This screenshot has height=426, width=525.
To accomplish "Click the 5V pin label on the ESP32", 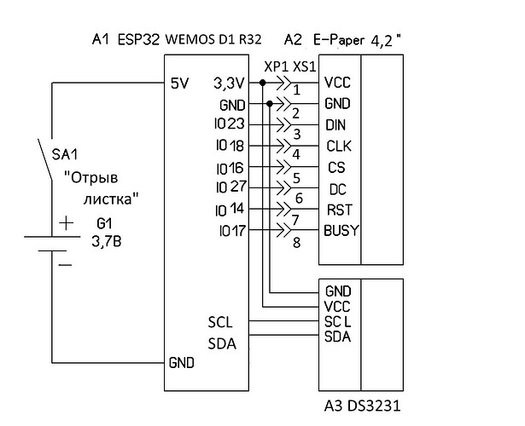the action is tap(180, 83).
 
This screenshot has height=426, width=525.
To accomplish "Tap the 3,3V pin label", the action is tap(230, 83).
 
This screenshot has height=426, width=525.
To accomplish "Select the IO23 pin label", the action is tap(230, 124).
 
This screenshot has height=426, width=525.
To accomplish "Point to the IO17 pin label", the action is tap(233, 231).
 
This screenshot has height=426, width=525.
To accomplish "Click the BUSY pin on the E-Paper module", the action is tap(341, 231).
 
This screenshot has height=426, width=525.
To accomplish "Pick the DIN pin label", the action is tap(335, 125).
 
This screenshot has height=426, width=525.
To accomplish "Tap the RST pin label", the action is tap(340, 210).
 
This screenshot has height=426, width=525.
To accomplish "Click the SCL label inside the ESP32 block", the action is tap(220, 322).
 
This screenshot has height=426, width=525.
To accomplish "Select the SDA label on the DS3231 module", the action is tap(337, 337).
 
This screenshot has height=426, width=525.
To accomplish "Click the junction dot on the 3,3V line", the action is tap(263, 83).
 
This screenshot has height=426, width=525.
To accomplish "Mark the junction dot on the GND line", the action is tap(270, 104).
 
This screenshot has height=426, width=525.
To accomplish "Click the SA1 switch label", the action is tap(65, 154).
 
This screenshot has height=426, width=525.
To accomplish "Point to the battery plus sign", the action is tap(66, 223).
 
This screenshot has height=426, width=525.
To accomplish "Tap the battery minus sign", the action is tap(65, 265).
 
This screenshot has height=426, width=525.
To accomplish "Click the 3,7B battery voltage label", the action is tap(107, 242).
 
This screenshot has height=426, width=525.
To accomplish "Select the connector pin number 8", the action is tap(297, 243).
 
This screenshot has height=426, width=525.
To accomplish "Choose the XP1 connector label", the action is tap(277, 67).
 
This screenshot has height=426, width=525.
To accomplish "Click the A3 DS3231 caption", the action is tap(362, 406).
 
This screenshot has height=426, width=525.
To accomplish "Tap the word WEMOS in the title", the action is tap(190, 40).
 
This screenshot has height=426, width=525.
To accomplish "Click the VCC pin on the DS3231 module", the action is tap(337, 307).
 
